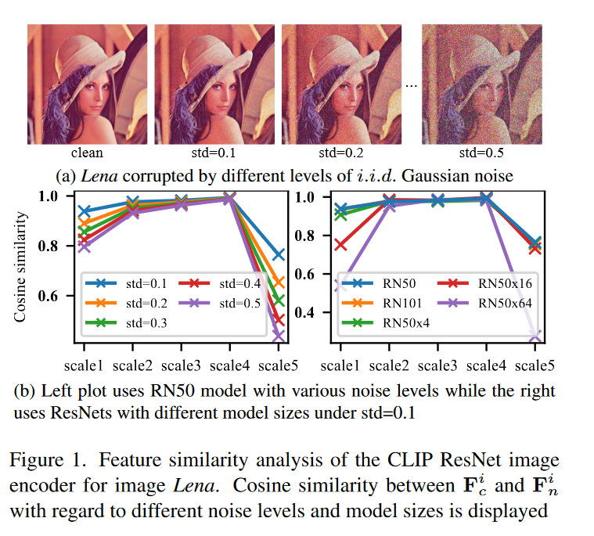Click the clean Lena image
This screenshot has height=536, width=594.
click(x=87, y=82)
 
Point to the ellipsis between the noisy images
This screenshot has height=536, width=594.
click(x=412, y=84)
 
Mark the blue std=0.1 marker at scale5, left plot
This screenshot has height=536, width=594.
click(x=278, y=254)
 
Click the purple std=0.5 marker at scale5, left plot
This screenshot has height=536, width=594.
click(x=278, y=336)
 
